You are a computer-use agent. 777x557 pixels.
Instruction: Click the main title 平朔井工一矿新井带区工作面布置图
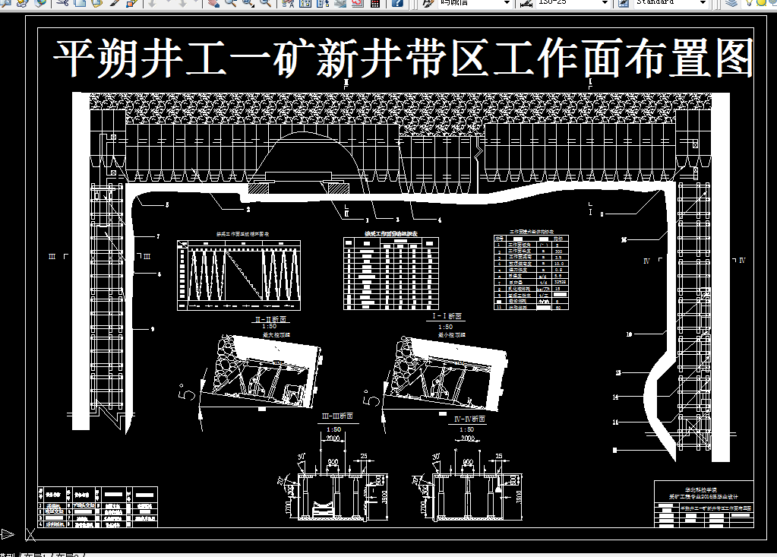[403, 59]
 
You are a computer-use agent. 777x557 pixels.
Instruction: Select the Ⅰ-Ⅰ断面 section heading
[447, 316]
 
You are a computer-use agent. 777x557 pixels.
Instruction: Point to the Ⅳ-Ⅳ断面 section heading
[469, 419]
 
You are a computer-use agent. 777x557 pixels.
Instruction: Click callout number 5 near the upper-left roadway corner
[167, 206]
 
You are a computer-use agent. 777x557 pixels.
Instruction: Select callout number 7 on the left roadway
[158, 237]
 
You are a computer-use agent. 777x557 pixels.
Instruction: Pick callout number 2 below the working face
[248, 207]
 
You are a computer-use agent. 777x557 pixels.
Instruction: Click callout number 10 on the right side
[629, 334]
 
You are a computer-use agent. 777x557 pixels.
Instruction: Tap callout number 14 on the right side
[616, 397]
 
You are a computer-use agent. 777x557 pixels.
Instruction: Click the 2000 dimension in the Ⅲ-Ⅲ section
[333, 439]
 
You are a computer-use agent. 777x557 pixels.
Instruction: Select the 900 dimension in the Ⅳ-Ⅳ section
[468, 462]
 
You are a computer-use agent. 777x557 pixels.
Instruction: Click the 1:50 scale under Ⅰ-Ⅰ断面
[446, 327]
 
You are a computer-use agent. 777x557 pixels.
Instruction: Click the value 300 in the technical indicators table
[558, 251]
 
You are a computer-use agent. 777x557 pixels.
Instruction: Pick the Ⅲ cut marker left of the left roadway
[52, 257]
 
